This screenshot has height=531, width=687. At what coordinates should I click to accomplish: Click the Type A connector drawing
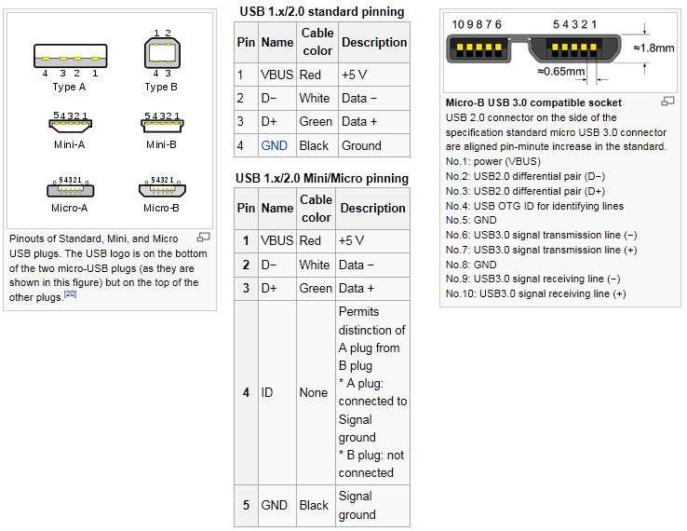point(70,55)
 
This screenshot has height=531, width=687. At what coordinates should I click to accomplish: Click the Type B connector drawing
point(161,54)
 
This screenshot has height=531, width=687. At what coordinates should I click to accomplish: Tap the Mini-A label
point(70,144)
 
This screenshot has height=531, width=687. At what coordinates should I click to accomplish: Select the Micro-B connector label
point(161,208)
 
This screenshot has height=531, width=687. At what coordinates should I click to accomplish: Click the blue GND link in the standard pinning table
point(275,145)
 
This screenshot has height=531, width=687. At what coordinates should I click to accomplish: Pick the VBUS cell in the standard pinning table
point(277,75)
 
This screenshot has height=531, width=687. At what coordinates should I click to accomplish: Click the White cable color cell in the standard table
point(315,98)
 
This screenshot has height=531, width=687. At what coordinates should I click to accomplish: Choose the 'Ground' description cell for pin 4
point(361,145)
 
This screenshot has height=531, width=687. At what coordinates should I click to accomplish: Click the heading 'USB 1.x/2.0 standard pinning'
point(321,12)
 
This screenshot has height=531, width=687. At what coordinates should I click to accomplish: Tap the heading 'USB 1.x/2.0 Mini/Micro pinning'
point(321,178)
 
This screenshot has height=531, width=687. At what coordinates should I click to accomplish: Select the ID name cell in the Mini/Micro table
point(267,392)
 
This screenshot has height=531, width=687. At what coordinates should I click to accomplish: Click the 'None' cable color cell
point(314,392)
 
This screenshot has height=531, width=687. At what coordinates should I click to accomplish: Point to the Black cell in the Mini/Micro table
point(314,505)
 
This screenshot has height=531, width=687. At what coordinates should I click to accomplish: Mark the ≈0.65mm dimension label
point(561,71)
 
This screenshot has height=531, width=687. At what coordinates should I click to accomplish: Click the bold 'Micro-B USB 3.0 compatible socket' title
point(533,102)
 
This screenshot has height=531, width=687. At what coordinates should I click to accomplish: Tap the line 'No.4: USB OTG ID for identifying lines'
point(534,206)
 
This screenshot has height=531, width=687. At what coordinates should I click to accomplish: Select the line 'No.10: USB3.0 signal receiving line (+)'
point(535,293)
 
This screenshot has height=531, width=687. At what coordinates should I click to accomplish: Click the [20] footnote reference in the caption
point(70,294)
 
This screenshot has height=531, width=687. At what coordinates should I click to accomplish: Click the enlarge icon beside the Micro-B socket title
point(667,102)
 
